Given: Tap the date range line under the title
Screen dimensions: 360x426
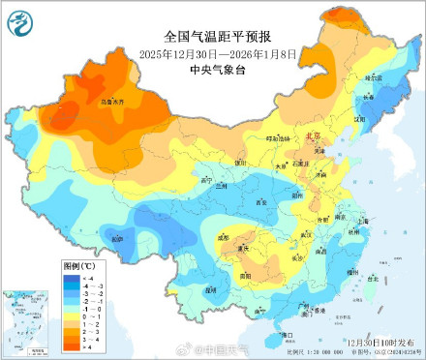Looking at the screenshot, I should (x=212, y=52).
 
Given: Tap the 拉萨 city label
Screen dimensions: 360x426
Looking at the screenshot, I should (x=117, y=238).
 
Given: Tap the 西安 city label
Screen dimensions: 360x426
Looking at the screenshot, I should (x=260, y=201).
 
